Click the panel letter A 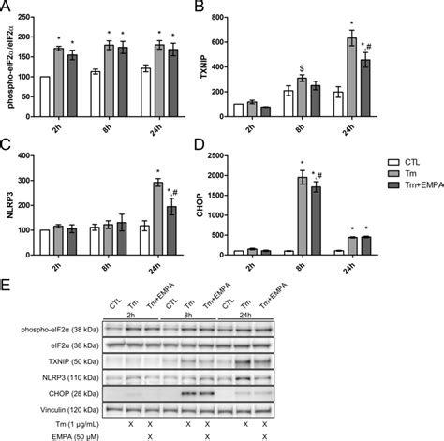[7, 7]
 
